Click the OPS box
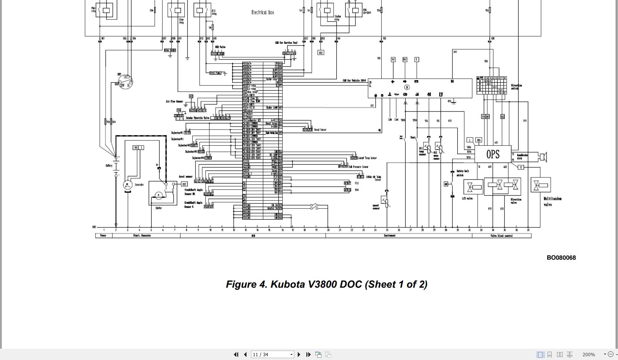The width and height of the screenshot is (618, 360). [x=493, y=154]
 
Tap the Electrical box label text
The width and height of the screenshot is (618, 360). [x=262, y=12]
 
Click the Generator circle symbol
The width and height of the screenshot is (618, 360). [x=128, y=185]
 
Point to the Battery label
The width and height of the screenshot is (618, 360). [x=109, y=166]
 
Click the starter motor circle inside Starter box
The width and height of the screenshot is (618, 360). [x=159, y=195]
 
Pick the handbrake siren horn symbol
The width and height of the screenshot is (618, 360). [x=543, y=157]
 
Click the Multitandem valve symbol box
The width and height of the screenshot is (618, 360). [x=541, y=185]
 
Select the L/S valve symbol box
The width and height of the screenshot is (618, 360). [x=473, y=187]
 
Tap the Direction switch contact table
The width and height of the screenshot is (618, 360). [x=492, y=85]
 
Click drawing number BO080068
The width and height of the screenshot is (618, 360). [x=561, y=258]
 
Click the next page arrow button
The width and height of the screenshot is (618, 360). [x=299, y=354]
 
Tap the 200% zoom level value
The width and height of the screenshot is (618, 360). [x=588, y=354]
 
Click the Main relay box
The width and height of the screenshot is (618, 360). [x=106, y=10]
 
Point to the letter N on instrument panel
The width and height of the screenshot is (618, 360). [x=452, y=81]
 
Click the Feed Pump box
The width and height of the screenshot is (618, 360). [x=215, y=73]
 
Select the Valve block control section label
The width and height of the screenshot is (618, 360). [x=501, y=236]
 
